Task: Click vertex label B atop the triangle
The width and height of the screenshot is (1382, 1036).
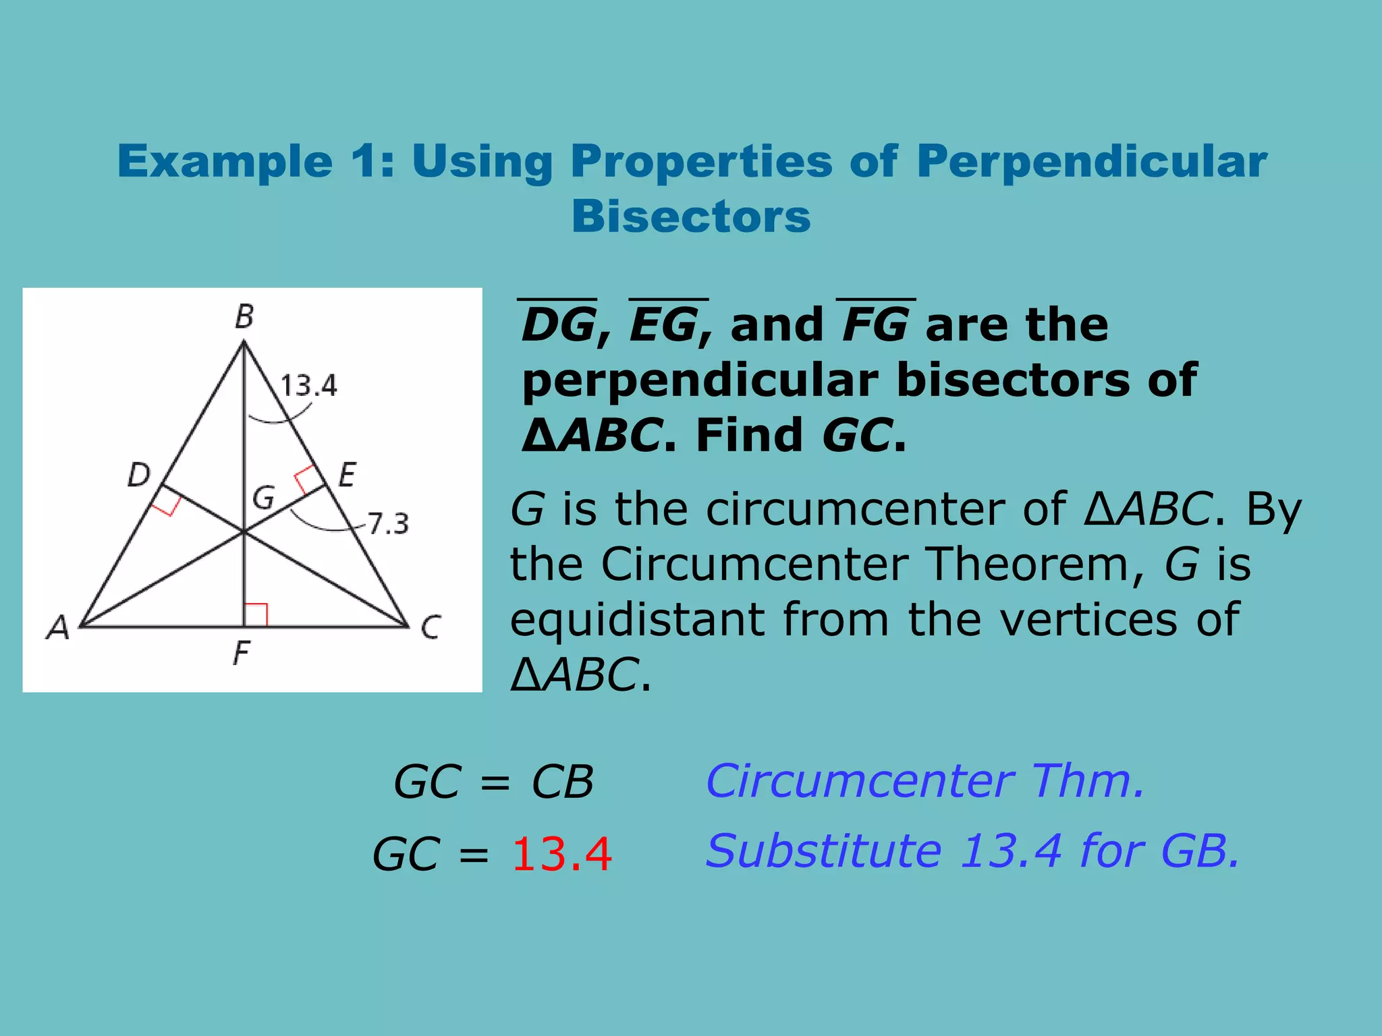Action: tap(244, 316)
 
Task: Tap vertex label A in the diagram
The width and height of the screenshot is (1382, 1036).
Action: tap(59, 627)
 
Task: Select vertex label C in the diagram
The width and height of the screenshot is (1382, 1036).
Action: tap(431, 627)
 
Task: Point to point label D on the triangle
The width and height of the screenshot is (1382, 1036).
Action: tap(139, 476)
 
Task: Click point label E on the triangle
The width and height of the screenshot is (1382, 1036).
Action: tap(347, 475)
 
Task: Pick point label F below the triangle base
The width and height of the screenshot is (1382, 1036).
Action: tap(241, 653)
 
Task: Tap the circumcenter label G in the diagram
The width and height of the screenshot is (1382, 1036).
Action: tap(263, 498)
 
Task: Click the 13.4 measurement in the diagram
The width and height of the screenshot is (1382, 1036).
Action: tap(308, 386)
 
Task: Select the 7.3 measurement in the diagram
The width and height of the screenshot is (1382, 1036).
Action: tap(389, 523)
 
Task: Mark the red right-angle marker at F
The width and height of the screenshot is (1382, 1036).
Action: tap(256, 614)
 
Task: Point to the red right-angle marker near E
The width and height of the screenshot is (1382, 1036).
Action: tap(307, 479)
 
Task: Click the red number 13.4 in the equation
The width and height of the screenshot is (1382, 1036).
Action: tap(561, 854)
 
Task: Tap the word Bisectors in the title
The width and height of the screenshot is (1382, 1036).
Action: tap(691, 217)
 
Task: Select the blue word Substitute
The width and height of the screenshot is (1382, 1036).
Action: tap(823, 851)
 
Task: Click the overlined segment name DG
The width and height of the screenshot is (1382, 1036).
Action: tap(559, 324)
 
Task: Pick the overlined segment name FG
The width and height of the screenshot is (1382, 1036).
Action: tap(875, 324)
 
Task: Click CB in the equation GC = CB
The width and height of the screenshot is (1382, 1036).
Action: tap(562, 782)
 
